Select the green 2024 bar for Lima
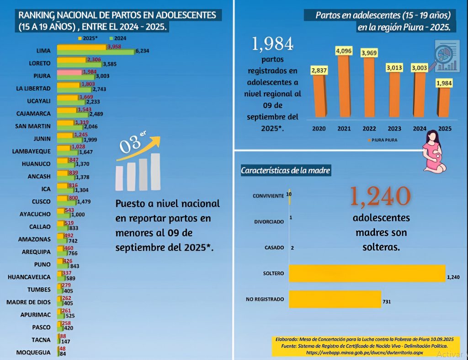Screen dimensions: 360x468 point(96,52)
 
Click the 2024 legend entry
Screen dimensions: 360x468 point(118,38)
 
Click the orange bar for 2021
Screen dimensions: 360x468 point(344,86)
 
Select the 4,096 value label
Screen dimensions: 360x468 point(344,51)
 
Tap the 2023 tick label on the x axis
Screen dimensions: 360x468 point(394,129)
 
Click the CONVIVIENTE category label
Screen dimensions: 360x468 point(268,196)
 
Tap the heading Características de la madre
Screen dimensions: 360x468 point(285,171)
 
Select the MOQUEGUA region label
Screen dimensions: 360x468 point(33,353)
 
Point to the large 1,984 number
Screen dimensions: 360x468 point(272,44)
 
